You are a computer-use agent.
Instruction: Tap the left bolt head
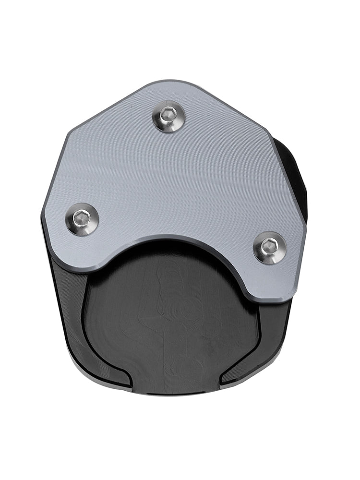[x=82, y=219]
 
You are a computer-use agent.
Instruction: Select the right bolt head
[x=270, y=248]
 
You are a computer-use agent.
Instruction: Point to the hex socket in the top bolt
[x=168, y=114]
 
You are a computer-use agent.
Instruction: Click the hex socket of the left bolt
[x=81, y=218]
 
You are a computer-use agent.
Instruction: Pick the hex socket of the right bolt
[x=268, y=246]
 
